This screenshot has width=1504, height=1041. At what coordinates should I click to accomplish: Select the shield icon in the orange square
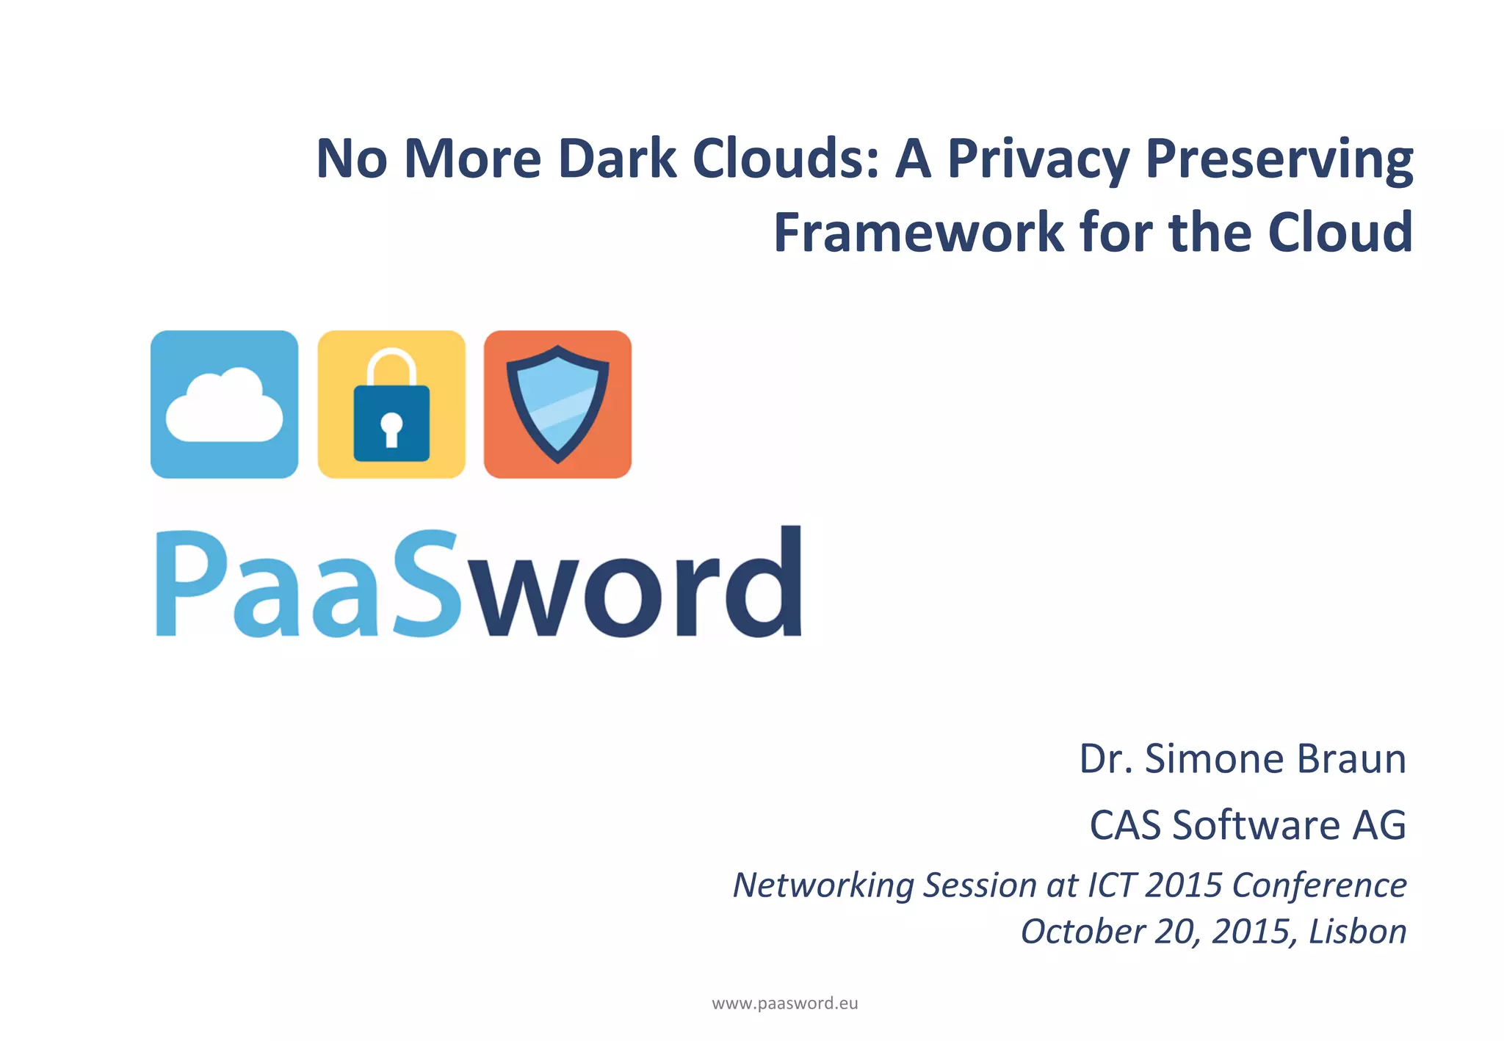pyautogui.click(x=558, y=404)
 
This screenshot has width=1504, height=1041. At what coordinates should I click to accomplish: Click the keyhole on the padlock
pyautogui.click(x=391, y=427)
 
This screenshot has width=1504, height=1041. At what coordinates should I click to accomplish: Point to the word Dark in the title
pyautogui.click(x=616, y=159)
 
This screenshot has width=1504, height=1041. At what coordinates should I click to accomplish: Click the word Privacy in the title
pyautogui.click(x=1038, y=160)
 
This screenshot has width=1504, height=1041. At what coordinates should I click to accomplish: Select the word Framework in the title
pyautogui.click(x=919, y=233)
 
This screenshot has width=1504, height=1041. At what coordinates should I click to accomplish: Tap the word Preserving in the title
pyautogui.click(x=1279, y=160)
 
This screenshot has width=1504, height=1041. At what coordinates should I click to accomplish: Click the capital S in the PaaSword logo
pyautogui.click(x=428, y=584)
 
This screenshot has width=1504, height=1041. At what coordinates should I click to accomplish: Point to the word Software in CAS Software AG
pyautogui.click(x=1257, y=825)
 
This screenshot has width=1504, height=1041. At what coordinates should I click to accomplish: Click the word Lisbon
pyautogui.click(x=1357, y=932)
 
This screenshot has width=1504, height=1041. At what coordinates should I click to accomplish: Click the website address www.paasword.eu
pyautogui.click(x=785, y=1004)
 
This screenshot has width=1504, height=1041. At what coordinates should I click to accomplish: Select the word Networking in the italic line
pyautogui.click(x=823, y=885)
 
